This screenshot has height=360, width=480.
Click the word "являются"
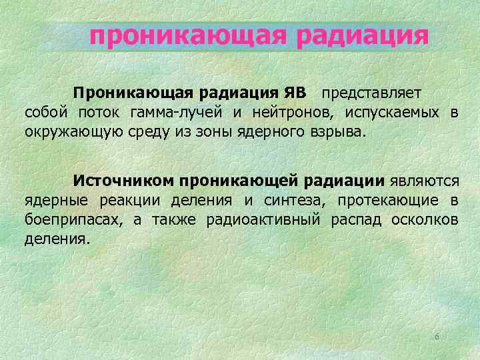pyautogui.click(x=424, y=180)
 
